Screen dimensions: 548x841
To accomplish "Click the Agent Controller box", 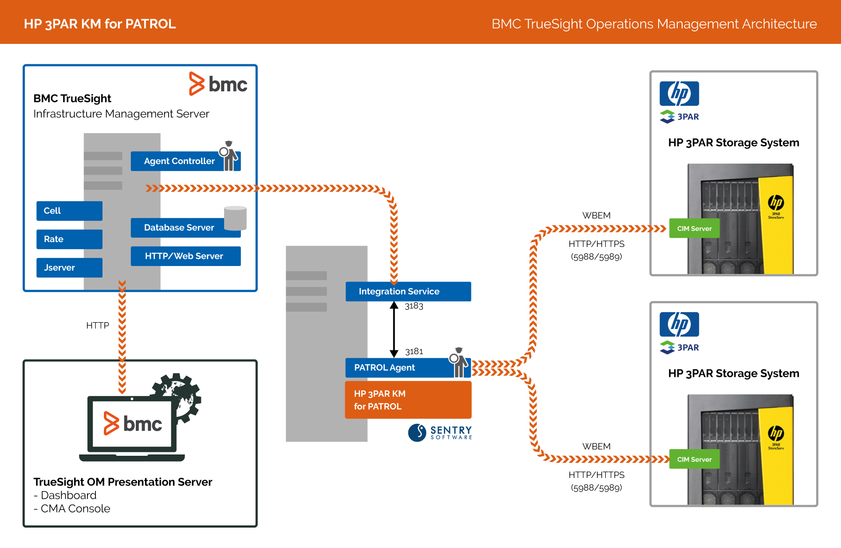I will (179, 161).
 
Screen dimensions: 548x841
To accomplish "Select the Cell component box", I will (69, 211).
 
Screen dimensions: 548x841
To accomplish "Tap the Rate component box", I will (69, 239).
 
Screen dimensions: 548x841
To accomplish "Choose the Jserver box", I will (69, 268).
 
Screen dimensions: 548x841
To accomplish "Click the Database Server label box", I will (179, 228).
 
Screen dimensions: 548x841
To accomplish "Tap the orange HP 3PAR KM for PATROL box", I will (408, 400).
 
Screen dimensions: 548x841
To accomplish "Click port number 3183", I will (414, 306).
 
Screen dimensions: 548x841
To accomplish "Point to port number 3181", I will (414, 352).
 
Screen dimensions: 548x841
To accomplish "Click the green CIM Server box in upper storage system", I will (694, 229).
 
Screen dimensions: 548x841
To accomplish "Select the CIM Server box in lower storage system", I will (694, 460).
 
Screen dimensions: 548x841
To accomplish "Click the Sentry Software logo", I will (440, 433).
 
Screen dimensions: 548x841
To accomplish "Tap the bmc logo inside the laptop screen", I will (132, 424).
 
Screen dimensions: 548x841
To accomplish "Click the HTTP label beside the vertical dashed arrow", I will (98, 326).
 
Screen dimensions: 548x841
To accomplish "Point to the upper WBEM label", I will (596, 216).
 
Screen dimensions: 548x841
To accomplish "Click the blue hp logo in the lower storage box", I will (679, 325).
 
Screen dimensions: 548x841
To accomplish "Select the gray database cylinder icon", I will (235, 218).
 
